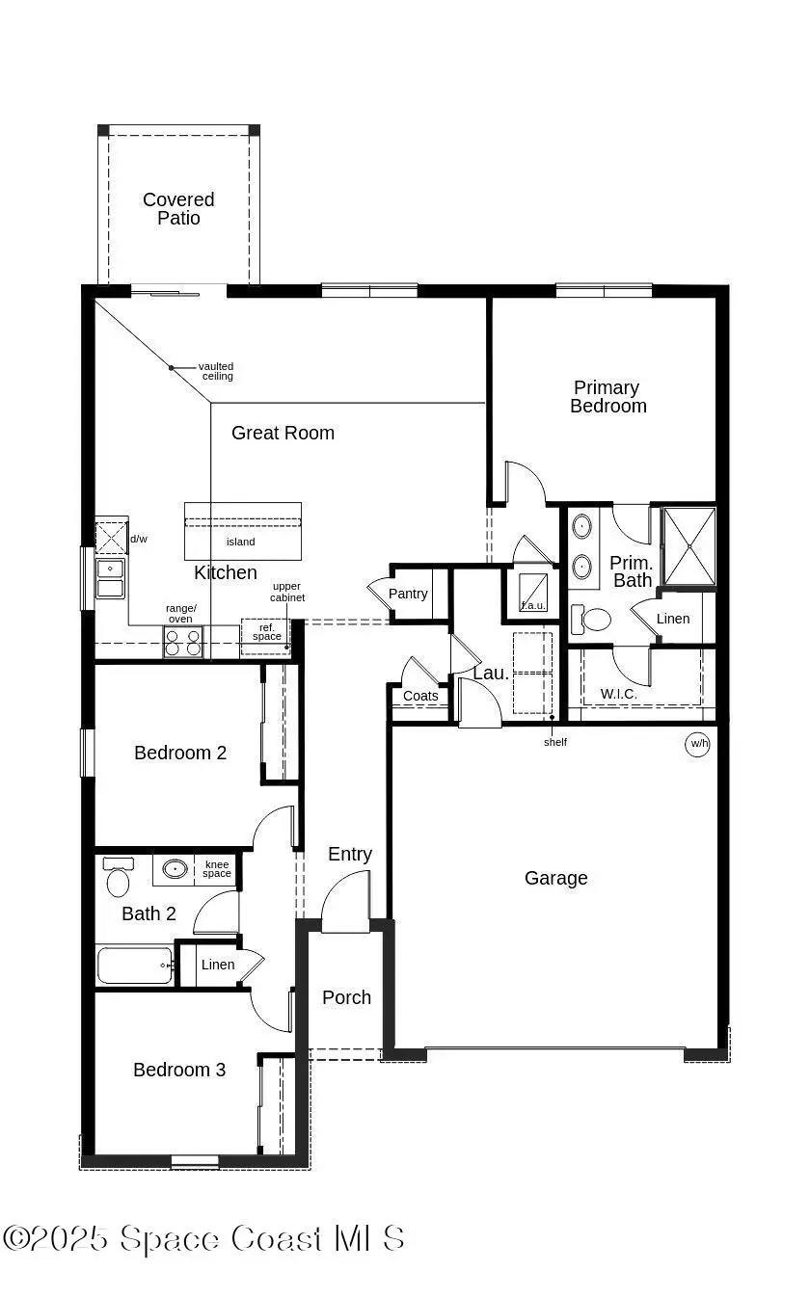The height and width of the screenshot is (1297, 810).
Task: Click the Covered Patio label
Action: click(178, 208)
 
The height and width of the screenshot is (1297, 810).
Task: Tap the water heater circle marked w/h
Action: click(697, 744)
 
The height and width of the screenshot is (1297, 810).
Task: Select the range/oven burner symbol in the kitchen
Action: click(183, 642)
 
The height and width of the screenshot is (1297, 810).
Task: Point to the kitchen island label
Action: click(240, 542)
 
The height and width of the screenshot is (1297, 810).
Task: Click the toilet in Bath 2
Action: click(118, 877)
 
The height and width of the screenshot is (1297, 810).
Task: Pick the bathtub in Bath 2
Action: click(135, 966)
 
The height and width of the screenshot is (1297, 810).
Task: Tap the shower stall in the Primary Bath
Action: click(689, 546)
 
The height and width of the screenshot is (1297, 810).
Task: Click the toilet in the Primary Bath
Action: click(591, 619)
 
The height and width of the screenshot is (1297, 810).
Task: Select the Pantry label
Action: click(408, 594)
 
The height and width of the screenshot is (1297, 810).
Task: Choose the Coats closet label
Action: click(420, 696)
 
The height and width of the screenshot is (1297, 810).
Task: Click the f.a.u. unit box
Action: click(533, 592)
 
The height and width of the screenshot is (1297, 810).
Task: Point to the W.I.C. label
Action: click(619, 694)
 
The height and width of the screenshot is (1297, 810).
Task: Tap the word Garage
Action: click(556, 879)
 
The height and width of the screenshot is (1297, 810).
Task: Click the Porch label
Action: click(346, 997)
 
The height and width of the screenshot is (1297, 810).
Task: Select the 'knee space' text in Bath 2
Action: click(217, 868)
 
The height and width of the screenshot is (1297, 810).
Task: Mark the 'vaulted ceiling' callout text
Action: click(216, 371)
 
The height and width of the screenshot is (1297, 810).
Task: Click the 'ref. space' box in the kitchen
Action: click(266, 637)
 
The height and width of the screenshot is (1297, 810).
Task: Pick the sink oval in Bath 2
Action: click(175, 868)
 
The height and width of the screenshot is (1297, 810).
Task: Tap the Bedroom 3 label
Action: click(179, 1070)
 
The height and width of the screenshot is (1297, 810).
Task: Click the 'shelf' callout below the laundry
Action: click(555, 742)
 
